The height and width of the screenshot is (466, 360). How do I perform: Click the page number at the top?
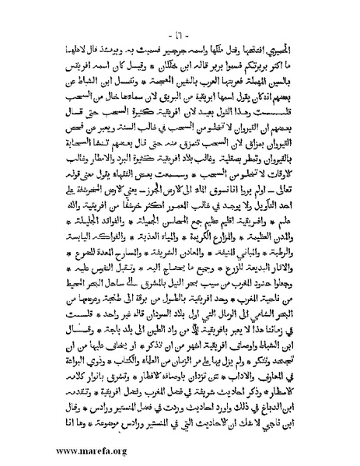181,16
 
